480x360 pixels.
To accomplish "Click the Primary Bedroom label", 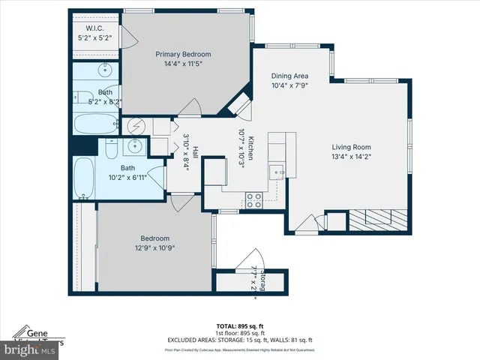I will click(x=183, y=54).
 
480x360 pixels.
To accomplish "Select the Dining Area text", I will click(x=289, y=76).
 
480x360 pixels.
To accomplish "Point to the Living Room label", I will click(x=351, y=147).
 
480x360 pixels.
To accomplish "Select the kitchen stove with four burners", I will click(x=254, y=199).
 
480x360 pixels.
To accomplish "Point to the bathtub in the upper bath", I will click(x=93, y=123).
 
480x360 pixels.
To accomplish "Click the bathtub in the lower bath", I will click(x=83, y=179).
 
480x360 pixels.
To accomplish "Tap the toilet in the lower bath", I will click(x=110, y=151).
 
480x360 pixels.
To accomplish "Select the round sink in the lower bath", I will click(x=136, y=147).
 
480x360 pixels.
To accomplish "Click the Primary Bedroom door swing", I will click(x=190, y=108).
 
